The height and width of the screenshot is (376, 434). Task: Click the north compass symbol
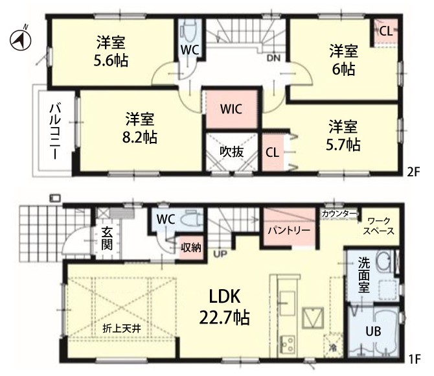(20, 40)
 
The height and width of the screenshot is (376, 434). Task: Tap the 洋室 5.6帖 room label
(111, 51)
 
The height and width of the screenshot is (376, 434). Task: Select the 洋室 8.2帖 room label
(140, 128)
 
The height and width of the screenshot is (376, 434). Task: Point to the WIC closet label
(231, 109)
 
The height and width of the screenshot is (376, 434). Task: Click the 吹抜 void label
(232, 152)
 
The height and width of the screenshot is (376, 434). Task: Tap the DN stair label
(273, 58)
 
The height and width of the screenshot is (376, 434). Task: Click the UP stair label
(220, 254)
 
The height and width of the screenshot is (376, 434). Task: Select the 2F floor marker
(413, 172)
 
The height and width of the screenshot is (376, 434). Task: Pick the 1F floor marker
(415, 360)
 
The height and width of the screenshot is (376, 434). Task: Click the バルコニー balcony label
(55, 131)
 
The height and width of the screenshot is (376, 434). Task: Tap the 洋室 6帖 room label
(343, 60)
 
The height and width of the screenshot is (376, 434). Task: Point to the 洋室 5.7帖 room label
(343, 135)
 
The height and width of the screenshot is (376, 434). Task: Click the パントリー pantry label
(289, 231)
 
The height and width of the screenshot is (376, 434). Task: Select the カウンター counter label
(339, 214)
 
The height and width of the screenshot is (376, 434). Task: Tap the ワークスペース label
(379, 226)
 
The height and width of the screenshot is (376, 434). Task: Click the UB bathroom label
(373, 331)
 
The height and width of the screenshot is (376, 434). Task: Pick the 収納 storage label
(191, 248)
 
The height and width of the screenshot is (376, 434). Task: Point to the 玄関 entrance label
(107, 239)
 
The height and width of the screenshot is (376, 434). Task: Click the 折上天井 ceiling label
(122, 328)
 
